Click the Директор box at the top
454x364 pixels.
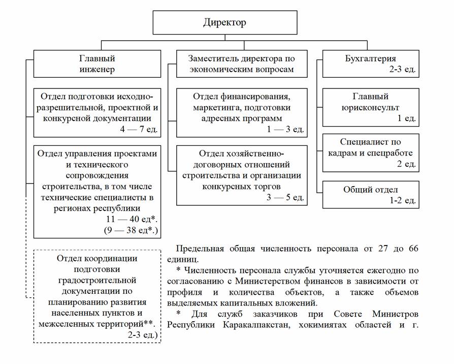click(225, 23)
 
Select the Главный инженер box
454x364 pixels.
click(97, 64)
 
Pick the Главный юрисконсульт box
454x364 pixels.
click(370, 107)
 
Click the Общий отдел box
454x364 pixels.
click(370, 195)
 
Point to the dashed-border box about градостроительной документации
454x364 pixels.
click(97, 296)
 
